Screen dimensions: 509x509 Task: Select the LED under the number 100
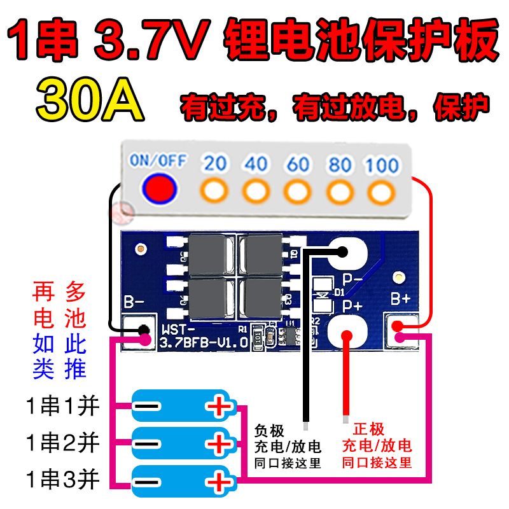[381, 190]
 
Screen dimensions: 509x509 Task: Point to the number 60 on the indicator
[298, 164]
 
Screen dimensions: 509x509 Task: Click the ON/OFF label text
[158, 160]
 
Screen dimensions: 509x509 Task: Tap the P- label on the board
[352, 278]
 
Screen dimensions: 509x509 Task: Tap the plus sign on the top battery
[218, 407]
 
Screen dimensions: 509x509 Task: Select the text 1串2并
[63, 442]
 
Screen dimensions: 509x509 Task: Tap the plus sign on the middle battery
[218, 443]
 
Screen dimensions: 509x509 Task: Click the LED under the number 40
[256, 190]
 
